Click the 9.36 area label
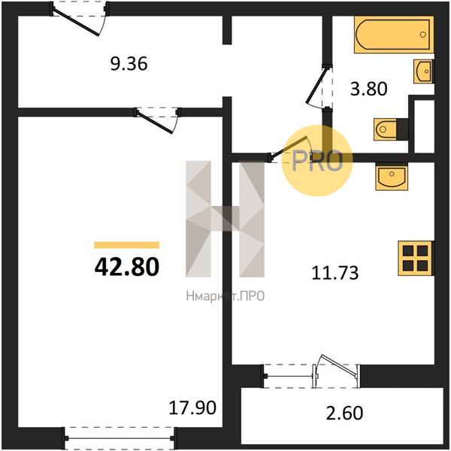(129, 64)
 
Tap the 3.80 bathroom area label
(369, 89)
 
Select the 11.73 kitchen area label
(335, 273)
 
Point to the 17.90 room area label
(192, 407)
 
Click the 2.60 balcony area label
(344, 413)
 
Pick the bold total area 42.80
(127, 267)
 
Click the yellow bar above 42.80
(127, 245)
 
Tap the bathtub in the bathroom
(394, 35)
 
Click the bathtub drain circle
(422, 35)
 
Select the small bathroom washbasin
(423, 71)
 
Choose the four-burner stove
(416, 259)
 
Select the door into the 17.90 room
(155, 123)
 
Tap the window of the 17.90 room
(119, 438)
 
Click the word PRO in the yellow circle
(317, 161)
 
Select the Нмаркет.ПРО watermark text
(225, 296)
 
